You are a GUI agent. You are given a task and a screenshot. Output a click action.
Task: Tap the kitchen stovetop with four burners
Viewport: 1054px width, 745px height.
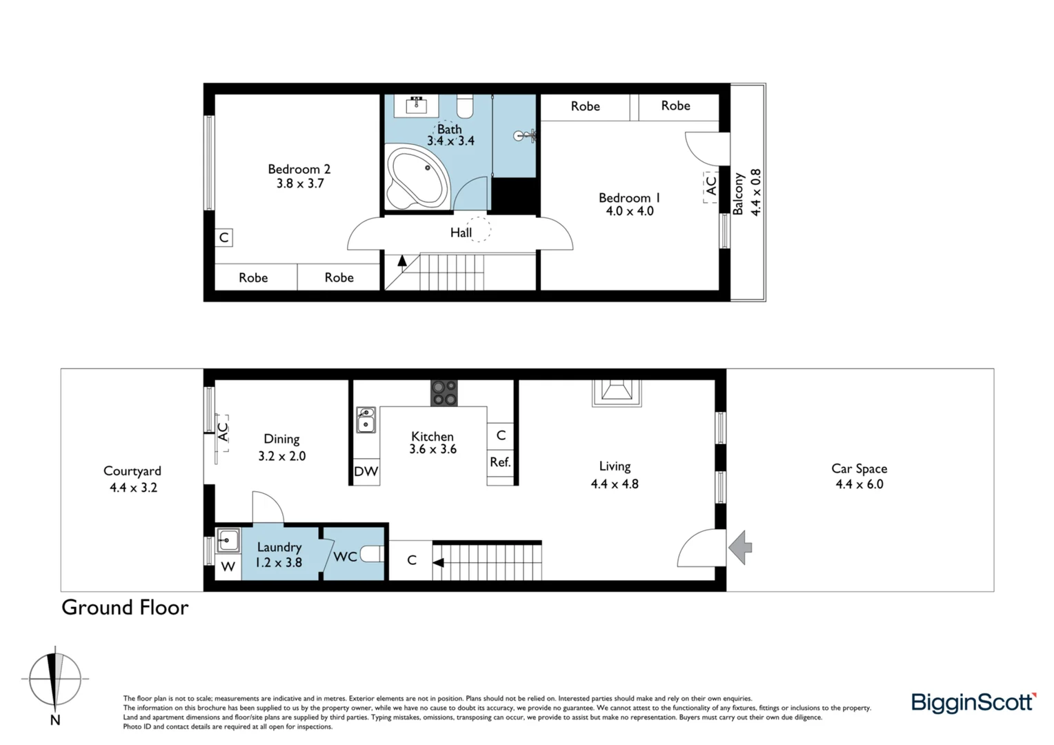tap(444, 393)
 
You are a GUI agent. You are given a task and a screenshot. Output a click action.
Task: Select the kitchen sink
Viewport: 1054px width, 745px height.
tap(366, 420)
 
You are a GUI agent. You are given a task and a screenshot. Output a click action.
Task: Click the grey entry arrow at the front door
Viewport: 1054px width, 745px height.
tap(740, 548)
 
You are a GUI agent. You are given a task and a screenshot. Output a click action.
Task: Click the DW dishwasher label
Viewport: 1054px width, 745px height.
tap(366, 472)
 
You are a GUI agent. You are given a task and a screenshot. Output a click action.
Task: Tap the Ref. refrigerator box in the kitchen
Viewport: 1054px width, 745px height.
tap(500, 463)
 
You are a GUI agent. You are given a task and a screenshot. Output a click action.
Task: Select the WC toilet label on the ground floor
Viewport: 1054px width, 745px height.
tap(345, 556)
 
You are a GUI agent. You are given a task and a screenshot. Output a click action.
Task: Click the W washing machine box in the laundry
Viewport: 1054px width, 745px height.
tap(228, 567)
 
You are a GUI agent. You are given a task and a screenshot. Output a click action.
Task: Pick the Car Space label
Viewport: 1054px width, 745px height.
tap(859, 468)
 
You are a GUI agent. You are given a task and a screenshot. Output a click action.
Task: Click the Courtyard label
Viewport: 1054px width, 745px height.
tap(132, 471)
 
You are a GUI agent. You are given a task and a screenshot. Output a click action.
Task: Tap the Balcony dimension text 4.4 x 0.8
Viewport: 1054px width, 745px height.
tap(756, 192)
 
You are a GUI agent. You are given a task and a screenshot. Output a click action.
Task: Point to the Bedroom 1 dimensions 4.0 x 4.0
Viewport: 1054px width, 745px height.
tap(629, 211)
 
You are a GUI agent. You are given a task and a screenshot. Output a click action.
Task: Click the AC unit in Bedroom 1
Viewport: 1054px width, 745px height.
tap(710, 186)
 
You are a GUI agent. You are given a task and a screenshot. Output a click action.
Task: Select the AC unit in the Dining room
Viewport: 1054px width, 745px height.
tap(222, 433)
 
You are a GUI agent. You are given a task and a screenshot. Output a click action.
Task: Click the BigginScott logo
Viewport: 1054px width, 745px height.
tap(973, 703)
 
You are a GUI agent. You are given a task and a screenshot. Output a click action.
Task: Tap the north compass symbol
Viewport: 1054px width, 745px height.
tap(55, 680)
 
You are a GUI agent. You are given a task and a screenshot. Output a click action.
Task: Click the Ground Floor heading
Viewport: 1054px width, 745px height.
tap(125, 608)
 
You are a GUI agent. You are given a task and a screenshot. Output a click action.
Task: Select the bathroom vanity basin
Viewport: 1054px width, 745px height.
tap(416, 106)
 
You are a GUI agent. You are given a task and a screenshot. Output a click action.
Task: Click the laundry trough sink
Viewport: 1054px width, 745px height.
tap(228, 540)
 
